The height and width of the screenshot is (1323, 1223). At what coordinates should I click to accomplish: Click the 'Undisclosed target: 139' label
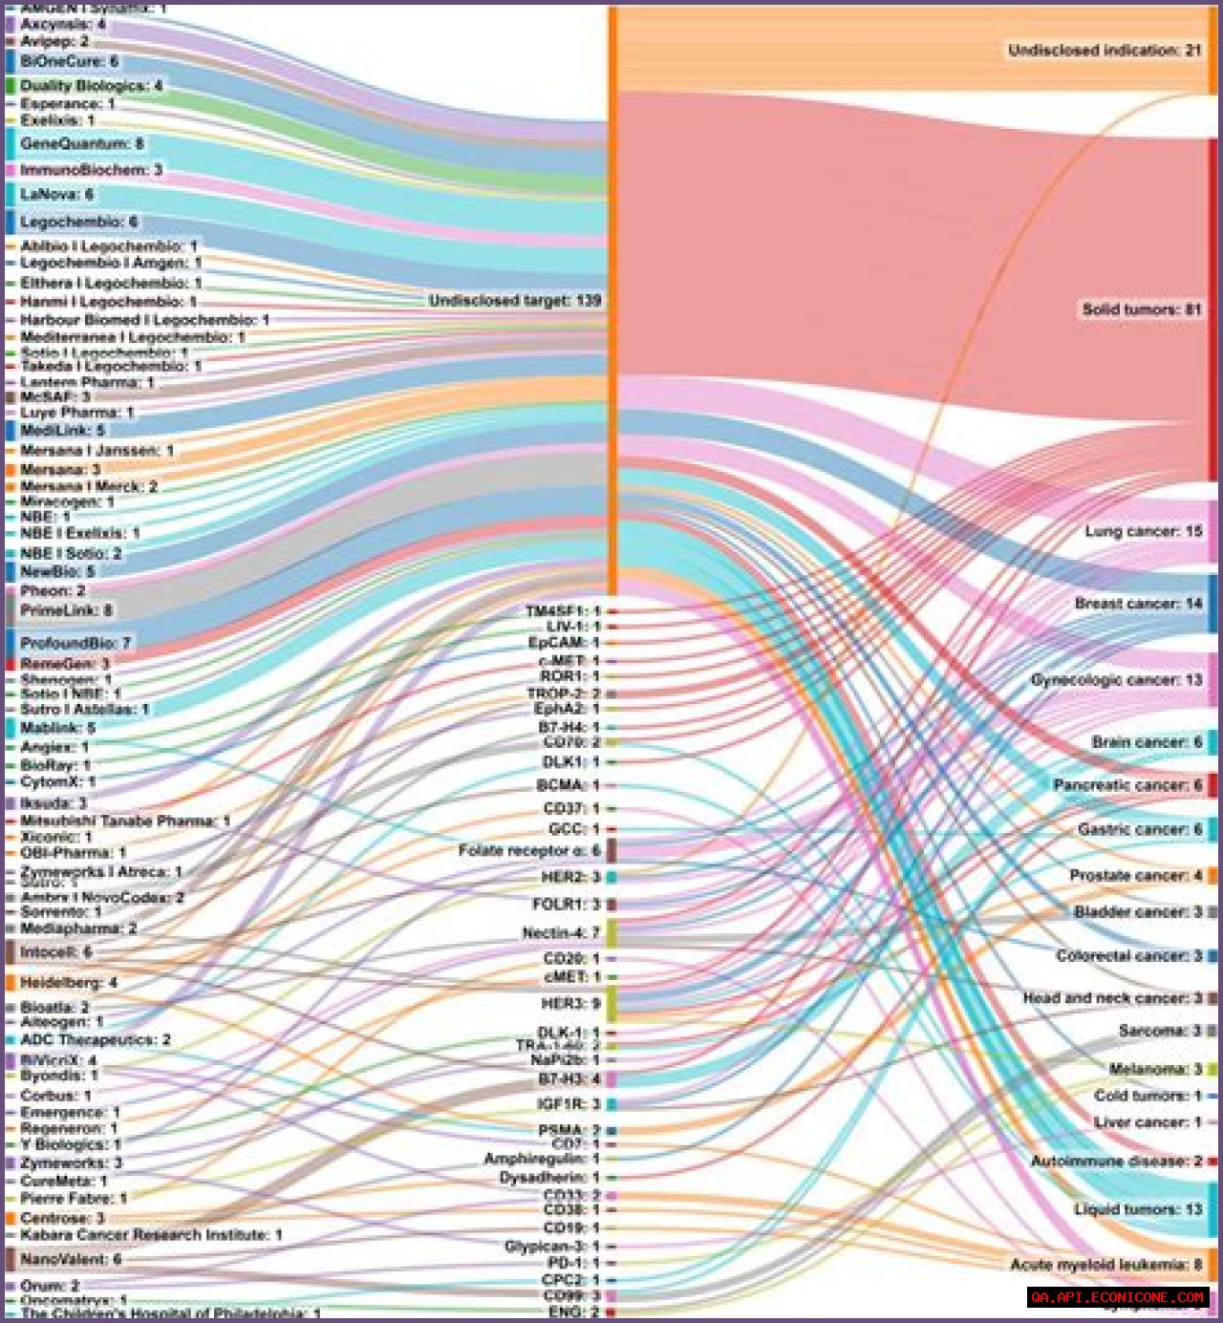515,301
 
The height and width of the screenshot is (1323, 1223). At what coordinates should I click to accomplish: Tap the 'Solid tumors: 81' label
1141,309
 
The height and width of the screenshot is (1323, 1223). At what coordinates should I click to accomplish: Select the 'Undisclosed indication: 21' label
1105,50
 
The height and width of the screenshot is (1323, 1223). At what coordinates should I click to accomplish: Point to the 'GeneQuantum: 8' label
81,143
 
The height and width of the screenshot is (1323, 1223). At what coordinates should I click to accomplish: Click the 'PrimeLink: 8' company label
66,610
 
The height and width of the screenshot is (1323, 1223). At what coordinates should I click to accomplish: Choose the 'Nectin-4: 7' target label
561,932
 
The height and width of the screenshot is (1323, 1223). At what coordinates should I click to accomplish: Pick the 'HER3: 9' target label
570,1003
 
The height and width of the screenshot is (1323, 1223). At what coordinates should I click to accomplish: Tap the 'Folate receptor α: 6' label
529,850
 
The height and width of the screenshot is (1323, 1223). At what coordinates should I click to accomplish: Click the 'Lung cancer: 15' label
1143,531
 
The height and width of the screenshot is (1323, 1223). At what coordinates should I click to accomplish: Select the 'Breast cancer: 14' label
1138,604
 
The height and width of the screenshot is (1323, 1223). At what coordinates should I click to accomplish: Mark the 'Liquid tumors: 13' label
1138,1209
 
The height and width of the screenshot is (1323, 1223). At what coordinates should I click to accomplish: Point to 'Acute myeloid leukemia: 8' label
1105,1265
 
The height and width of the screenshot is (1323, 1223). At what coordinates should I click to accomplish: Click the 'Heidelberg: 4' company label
69,983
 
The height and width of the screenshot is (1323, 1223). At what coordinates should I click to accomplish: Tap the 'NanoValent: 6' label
71,1259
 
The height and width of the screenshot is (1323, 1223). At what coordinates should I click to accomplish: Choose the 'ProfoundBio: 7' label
75,643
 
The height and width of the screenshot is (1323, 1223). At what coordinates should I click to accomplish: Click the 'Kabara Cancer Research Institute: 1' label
151,1235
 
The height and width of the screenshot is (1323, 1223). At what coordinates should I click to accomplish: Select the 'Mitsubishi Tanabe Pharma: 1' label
125,821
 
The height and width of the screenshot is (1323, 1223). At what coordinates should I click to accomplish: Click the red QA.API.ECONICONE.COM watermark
1118,1297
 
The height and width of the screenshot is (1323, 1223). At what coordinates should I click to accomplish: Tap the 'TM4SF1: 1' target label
563,611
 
